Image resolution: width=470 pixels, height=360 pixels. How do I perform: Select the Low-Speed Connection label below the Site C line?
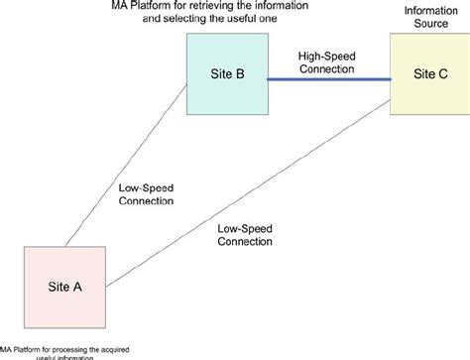click(x=243, y=234)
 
